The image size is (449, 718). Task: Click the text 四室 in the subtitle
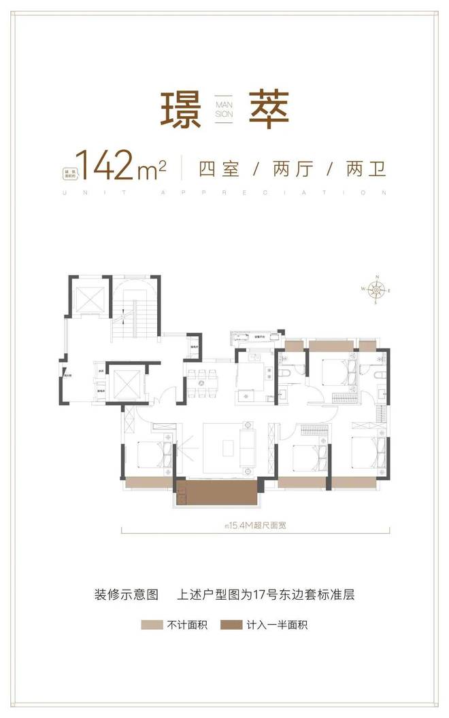pyautogui.click(x=219, y=168)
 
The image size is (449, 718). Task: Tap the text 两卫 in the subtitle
pyautogui.click(x=365, y=168)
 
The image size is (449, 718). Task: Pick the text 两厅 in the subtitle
pyautogui.click(x=293, y=168)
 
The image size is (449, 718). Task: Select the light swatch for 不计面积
pyautogui.click(x=151, y=624)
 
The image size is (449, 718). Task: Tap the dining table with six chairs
pyautogui.click(x=203, y=381)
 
